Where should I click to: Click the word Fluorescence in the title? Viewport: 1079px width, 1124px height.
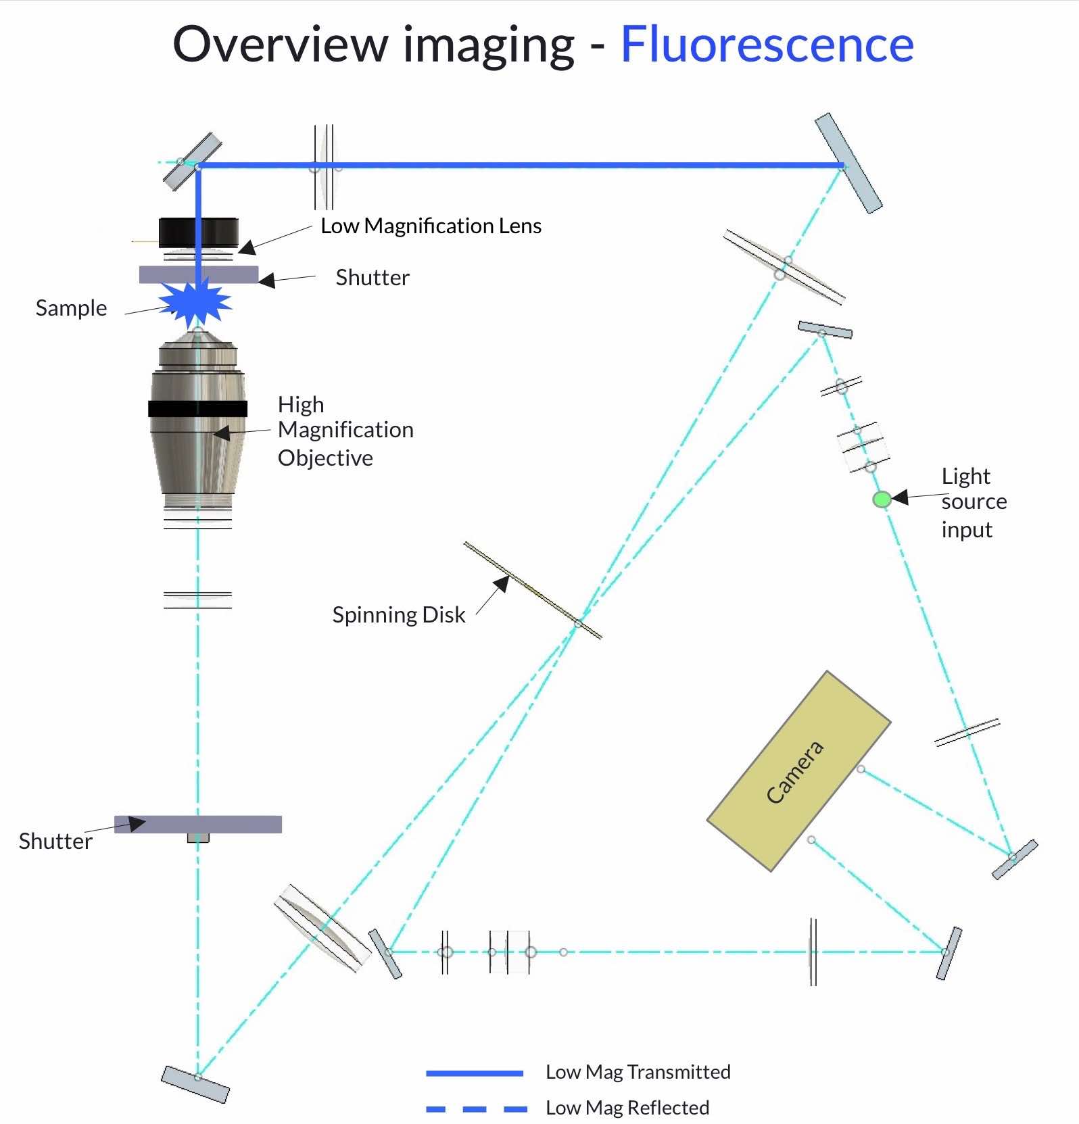767,45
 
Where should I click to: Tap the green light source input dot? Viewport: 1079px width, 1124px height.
882,499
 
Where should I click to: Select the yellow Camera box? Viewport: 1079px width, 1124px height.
798,771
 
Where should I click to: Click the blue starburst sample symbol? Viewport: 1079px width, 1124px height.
196,303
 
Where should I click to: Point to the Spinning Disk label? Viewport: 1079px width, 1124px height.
399,615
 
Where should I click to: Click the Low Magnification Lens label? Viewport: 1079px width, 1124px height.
431,226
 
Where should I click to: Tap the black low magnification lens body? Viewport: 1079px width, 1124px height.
199,233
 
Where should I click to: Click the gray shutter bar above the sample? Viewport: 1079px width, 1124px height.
199,274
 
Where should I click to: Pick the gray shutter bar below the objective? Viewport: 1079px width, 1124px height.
198,825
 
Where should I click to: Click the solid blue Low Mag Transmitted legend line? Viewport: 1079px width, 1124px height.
475,1073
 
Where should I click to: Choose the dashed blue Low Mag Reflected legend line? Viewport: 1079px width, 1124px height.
477,1108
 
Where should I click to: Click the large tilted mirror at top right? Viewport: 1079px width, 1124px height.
848,163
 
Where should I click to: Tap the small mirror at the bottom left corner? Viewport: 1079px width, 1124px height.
195,1084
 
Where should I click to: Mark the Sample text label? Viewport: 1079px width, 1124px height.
71,308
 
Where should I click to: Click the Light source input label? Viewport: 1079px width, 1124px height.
974,502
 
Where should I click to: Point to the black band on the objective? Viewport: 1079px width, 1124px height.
198,408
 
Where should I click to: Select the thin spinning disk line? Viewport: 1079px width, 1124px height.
533,590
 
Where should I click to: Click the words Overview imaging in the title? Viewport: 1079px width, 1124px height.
374,45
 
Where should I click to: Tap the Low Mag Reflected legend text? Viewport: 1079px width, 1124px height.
627,1108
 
